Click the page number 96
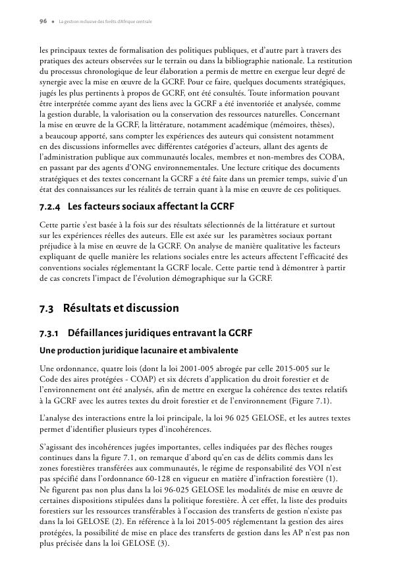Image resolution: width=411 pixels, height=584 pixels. tap(43, 21)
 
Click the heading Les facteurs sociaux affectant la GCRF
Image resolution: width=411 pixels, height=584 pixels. tap(143, 207)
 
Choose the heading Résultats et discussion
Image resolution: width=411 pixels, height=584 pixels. tap(121, 308)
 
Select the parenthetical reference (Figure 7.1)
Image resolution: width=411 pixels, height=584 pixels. tap(327, 401)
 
